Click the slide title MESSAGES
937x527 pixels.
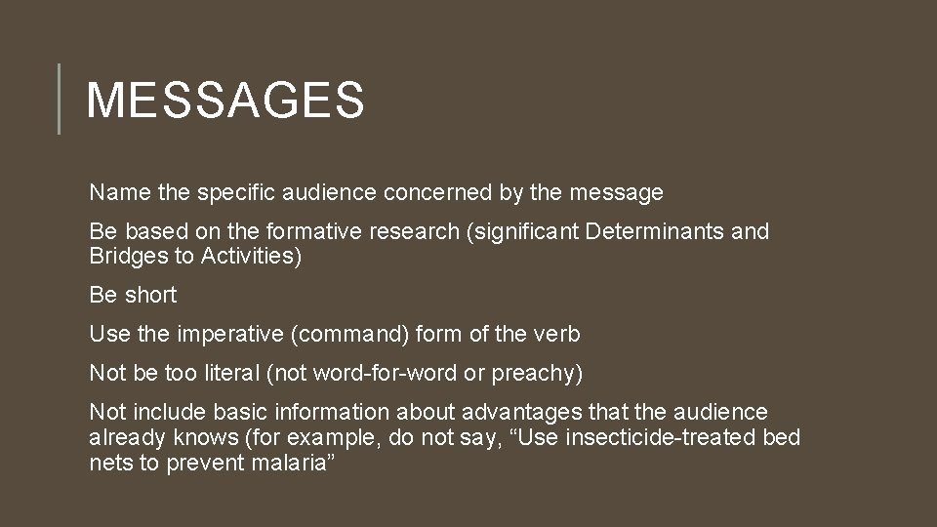point(225,100)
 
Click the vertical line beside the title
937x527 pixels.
point(59,99)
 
